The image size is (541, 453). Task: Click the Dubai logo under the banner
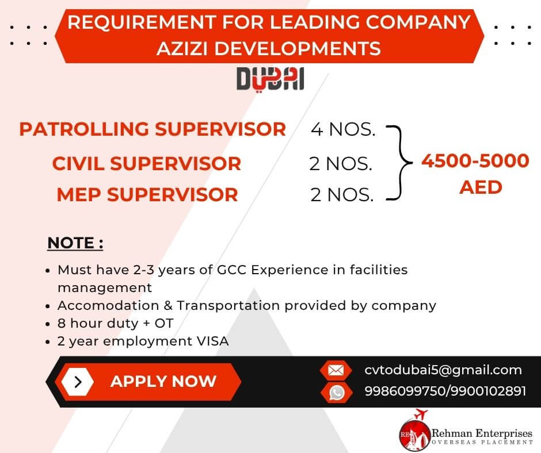pos(270,80)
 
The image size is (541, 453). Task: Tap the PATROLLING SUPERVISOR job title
pos(153,129)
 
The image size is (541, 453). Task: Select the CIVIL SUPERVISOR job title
pos(147,163)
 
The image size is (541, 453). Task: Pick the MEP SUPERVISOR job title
pos(147,195)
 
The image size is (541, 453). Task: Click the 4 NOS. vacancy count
pos(343,129)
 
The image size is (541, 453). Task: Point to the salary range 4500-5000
pos(475,160)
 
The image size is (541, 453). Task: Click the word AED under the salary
pos(481,187)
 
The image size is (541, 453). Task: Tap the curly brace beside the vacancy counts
pos(400,163)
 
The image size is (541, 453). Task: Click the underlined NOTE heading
pos(75,243)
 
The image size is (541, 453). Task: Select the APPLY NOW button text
pos(163,382)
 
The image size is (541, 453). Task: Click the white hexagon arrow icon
pos(78,382)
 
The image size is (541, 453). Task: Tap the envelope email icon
pos(336,371)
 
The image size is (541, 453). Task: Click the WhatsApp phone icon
pos(337,392)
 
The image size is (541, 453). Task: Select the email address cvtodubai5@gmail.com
pos(443,370)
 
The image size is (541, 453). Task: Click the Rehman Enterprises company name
pos(482,433)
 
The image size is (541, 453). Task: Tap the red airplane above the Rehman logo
pos(421,414)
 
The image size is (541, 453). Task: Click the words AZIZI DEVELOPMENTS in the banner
pos(269,49)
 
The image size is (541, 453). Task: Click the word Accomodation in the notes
pos(108,305)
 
